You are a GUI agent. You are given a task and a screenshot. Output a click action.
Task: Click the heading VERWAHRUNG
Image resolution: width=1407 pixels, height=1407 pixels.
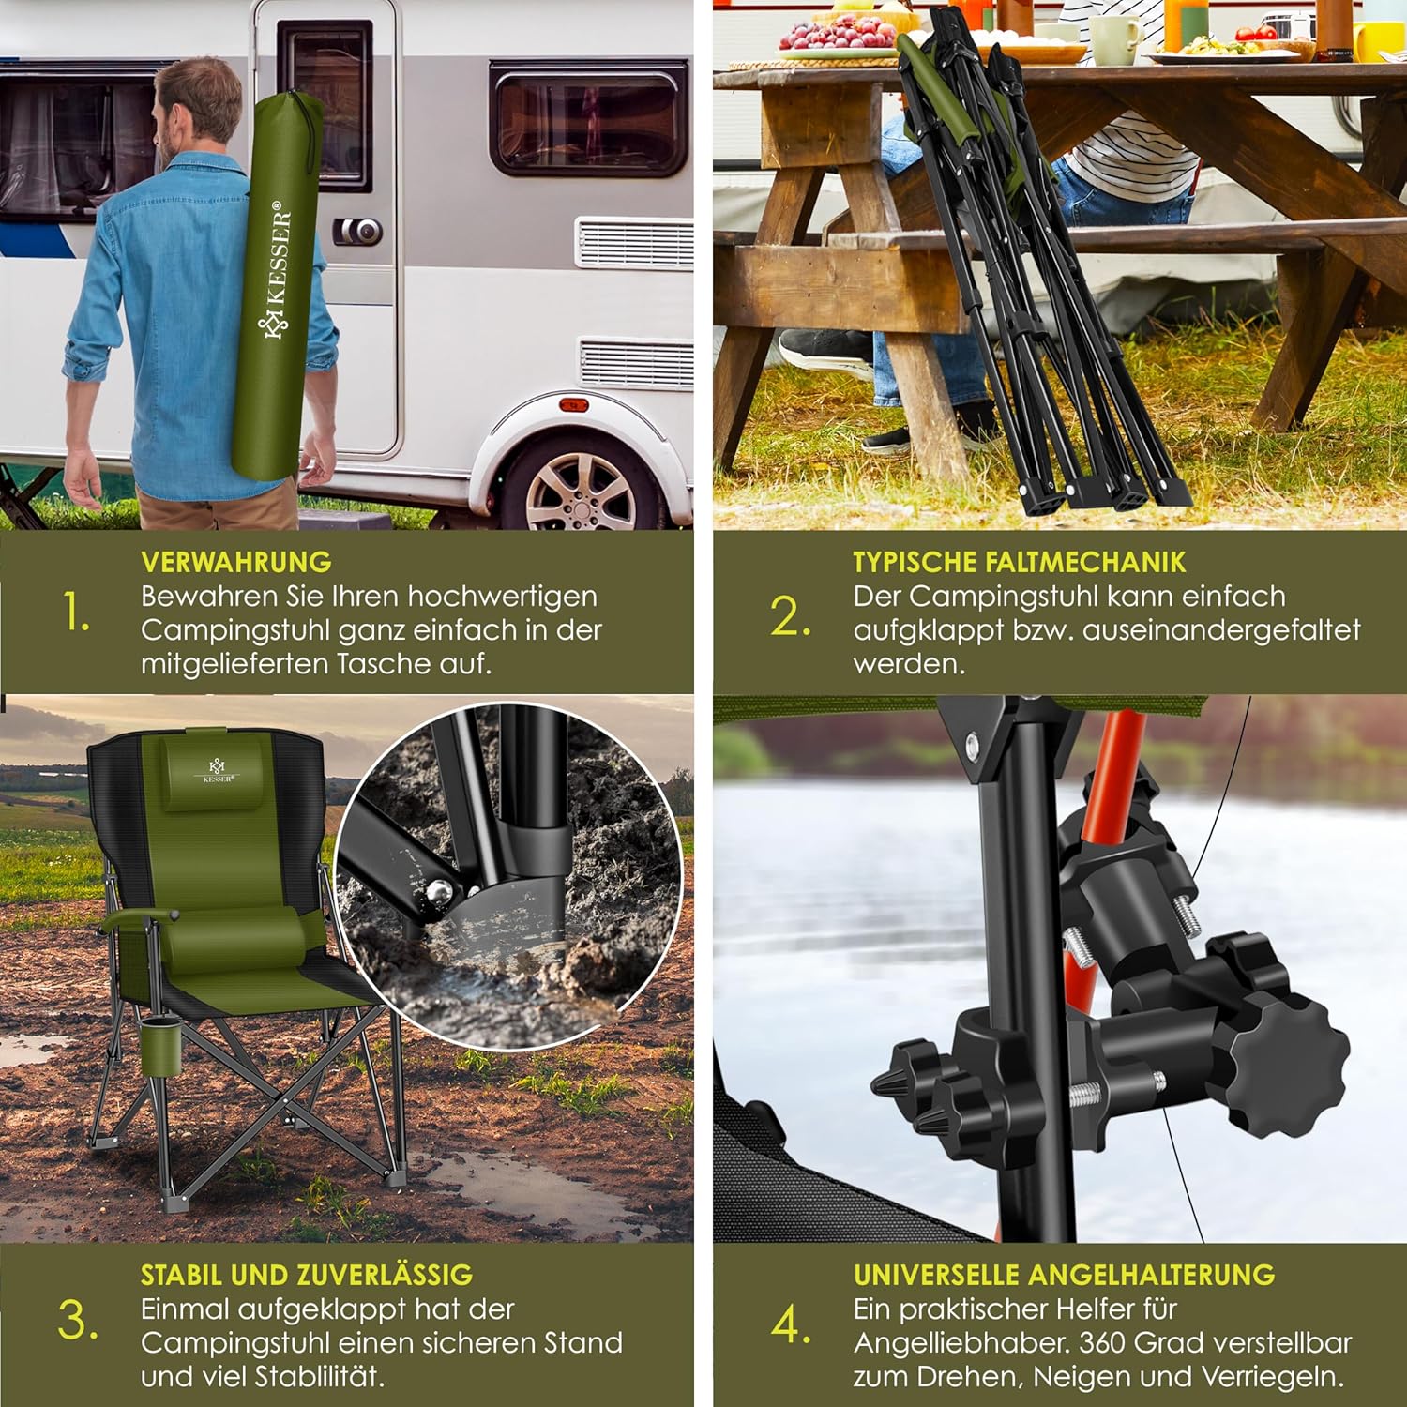(x=236, y=562)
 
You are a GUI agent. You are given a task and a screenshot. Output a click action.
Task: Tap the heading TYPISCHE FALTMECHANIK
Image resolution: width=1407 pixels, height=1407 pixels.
(x=1019, y=562)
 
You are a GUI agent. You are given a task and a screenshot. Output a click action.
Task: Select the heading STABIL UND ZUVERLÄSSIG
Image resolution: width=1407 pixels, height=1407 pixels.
(x=307, y=1275)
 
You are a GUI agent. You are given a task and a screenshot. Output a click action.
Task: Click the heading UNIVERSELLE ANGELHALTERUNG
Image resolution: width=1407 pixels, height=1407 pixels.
(x=1064, y=1275)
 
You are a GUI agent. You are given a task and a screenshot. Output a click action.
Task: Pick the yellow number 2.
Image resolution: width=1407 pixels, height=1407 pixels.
(x=791, y=617)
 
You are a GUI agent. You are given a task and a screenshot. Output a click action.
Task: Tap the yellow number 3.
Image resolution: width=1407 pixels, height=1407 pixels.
(x=78, y=1322)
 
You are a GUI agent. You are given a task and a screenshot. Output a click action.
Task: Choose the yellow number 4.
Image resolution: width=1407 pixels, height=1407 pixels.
(x=791, y=1324)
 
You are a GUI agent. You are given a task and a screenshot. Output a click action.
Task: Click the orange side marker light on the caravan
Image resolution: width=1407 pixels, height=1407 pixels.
(x=573, y=405)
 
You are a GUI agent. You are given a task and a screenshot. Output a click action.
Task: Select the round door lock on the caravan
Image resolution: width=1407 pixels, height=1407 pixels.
(x=362, y=231)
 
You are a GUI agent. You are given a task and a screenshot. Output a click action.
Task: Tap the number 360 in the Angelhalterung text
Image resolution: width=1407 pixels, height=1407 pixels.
(x=1107, y=1343)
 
